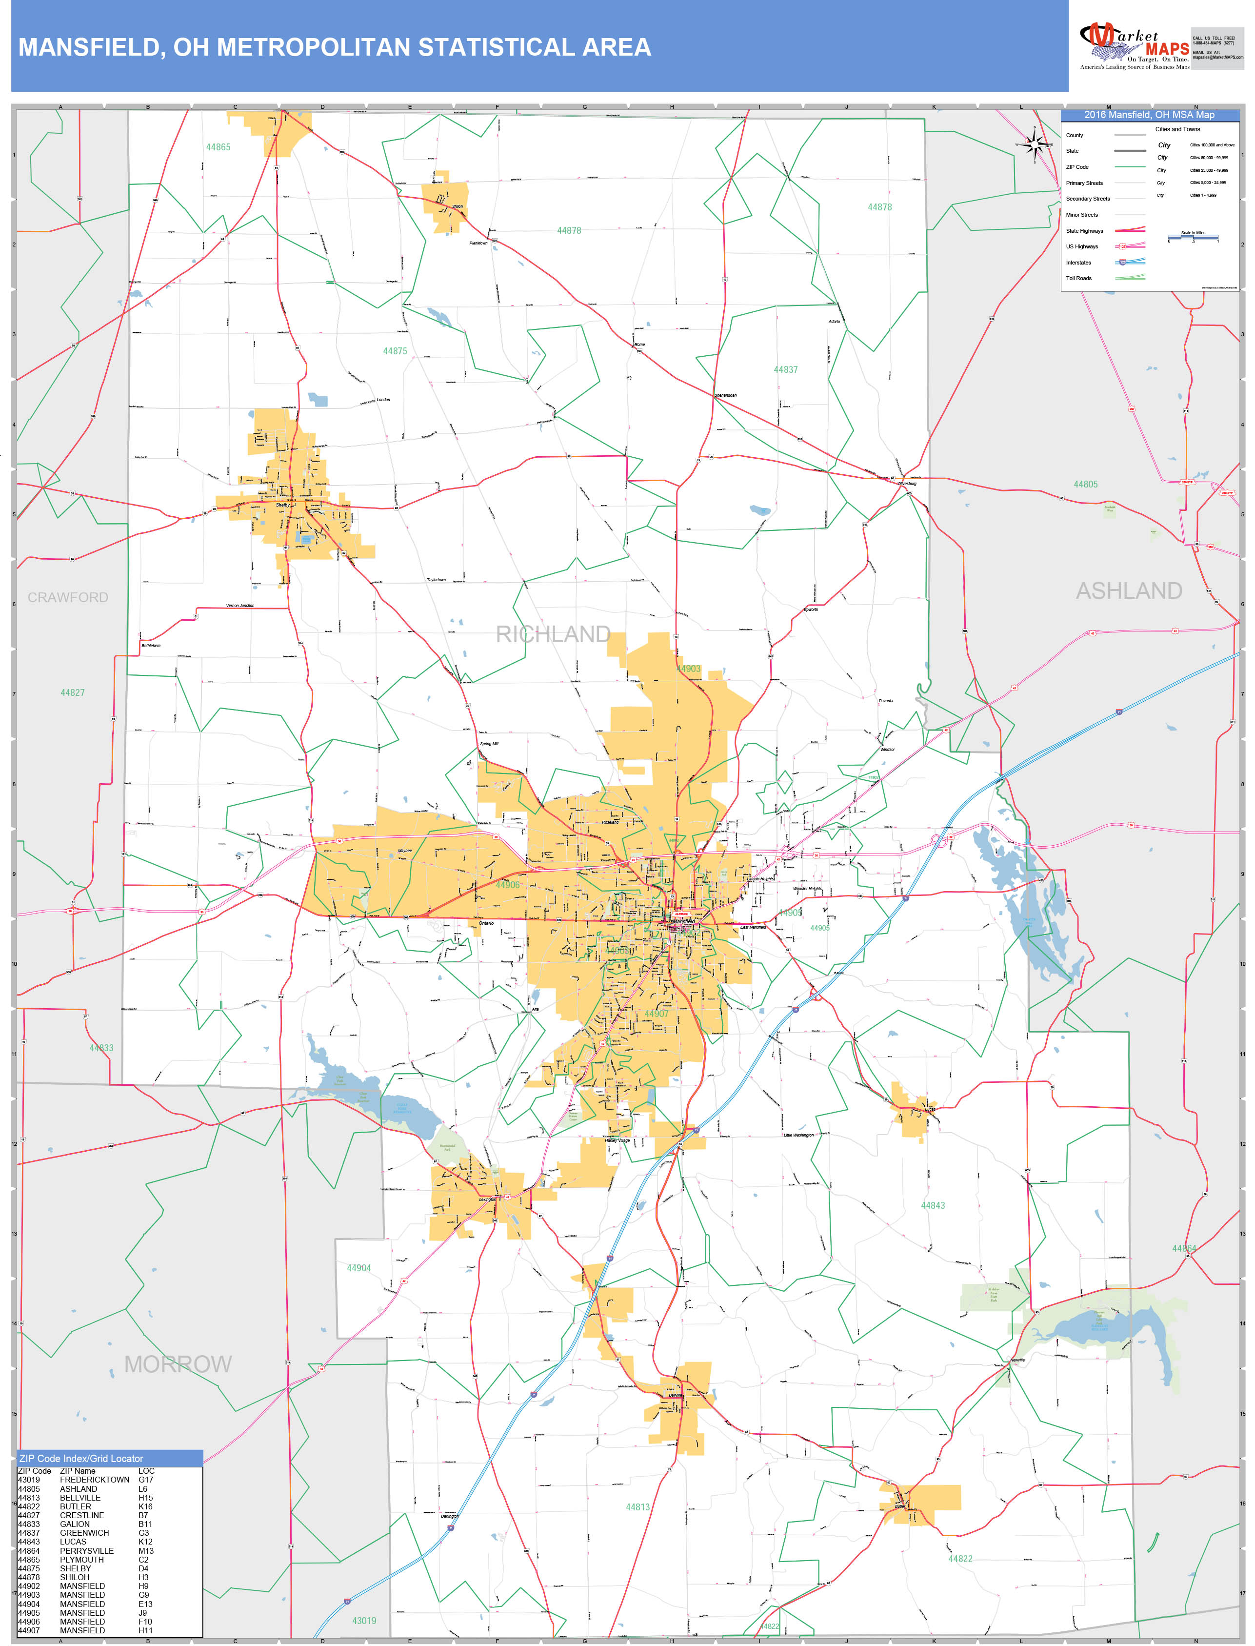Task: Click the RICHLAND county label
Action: [553, 634]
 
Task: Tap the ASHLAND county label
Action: [1128, 591]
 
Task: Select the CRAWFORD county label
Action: [68, 598]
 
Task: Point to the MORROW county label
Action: [178, 1364]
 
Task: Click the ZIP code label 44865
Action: [218, 147]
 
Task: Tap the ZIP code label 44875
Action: [395, 351]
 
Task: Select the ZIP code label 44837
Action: [786, 370]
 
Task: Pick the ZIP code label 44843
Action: [933, 1205]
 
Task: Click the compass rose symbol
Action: [1035, 145]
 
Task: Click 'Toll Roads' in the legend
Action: [1079, 278]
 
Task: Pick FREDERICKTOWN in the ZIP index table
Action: [95, 1480]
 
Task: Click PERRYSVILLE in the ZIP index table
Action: [87, 1550]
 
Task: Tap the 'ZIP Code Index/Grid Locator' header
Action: [81, 1459]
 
